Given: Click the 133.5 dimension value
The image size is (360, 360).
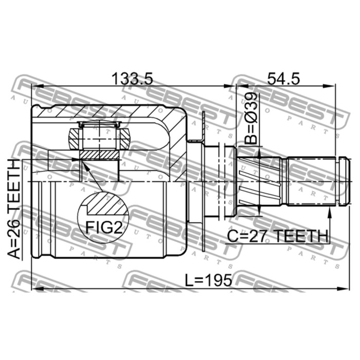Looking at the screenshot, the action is click(132, 79).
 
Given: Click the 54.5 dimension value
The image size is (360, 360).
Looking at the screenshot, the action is click(283, 79).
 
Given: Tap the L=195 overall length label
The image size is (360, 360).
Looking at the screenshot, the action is click(208, 280).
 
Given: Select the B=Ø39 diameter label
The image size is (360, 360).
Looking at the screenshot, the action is click(250, 119).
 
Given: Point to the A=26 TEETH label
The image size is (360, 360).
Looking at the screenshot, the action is click(14, 209).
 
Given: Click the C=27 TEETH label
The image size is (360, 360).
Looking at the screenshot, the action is click(277, 236).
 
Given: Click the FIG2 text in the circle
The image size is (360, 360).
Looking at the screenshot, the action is click(104, 227).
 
